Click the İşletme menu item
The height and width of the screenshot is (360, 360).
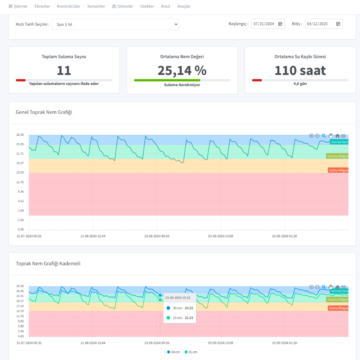pos(18,6)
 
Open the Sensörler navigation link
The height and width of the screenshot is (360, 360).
pos(96,6)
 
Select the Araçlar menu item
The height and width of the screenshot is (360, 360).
pos(184,6)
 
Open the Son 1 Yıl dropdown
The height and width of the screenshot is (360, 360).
pos(115,24)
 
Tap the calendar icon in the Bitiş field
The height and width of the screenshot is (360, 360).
pos(338,24)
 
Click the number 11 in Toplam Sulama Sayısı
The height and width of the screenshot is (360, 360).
pos(64,71)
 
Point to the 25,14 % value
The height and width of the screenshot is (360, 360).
pos(182,71)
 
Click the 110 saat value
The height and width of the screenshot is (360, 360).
pos(300,71)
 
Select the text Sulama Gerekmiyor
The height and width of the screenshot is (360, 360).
pos(182,85)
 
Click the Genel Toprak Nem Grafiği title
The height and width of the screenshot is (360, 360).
pos(44,112)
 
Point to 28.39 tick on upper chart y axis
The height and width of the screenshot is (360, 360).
pos(20,135)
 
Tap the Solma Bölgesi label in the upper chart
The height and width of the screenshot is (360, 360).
pos(338,170)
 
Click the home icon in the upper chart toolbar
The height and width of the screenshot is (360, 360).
pos(337,136)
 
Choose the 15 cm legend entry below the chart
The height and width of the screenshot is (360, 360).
pos(191,352)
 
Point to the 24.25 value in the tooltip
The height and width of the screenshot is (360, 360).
pos(189,308)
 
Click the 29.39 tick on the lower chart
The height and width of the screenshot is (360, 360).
pos(20,286)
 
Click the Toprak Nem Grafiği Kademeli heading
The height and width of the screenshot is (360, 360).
pos(48,264)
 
